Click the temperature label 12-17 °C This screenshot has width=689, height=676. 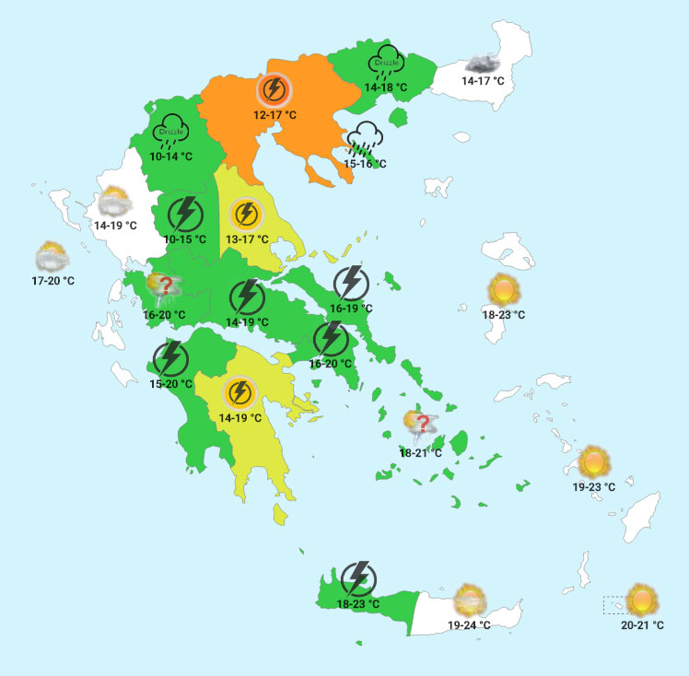click(x=275, y=115)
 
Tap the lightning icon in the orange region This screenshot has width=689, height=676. click(x=274, y=89)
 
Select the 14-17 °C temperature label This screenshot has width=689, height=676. click(x=484, y=81)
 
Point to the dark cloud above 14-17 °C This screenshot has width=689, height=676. click(x=484, y=64)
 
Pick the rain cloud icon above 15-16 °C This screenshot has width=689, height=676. click(x=365, y=140)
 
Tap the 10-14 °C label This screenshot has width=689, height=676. click(x=171, y=157)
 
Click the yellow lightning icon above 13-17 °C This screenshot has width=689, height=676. click(x=246, y=216)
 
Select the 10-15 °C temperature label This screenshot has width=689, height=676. click(x=185, y=239)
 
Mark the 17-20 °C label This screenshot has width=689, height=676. click(x=53, y=280)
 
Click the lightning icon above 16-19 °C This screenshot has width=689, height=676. click(x=350, y=284)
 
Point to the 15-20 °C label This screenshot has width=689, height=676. click(x=171, y=383)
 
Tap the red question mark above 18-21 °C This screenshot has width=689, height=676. click(x=424, y=425)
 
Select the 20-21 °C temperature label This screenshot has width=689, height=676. click(x=643, y=625)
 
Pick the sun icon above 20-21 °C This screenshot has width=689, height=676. click(x=642, y=600)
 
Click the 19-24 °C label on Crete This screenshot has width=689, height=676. click(x=469, y=625)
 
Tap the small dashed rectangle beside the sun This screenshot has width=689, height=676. click(x=613, y=605)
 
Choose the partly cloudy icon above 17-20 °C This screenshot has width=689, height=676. click(x=51, y=255)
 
